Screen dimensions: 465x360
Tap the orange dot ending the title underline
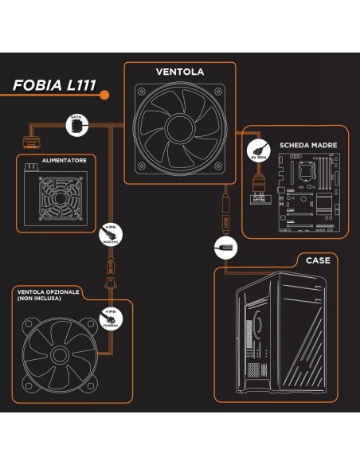coord(104,96)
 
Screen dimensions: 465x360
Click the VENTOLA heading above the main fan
coord(179,72)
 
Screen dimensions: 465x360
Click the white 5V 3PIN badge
coord(258,150)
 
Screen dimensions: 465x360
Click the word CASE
coord(317,260)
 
